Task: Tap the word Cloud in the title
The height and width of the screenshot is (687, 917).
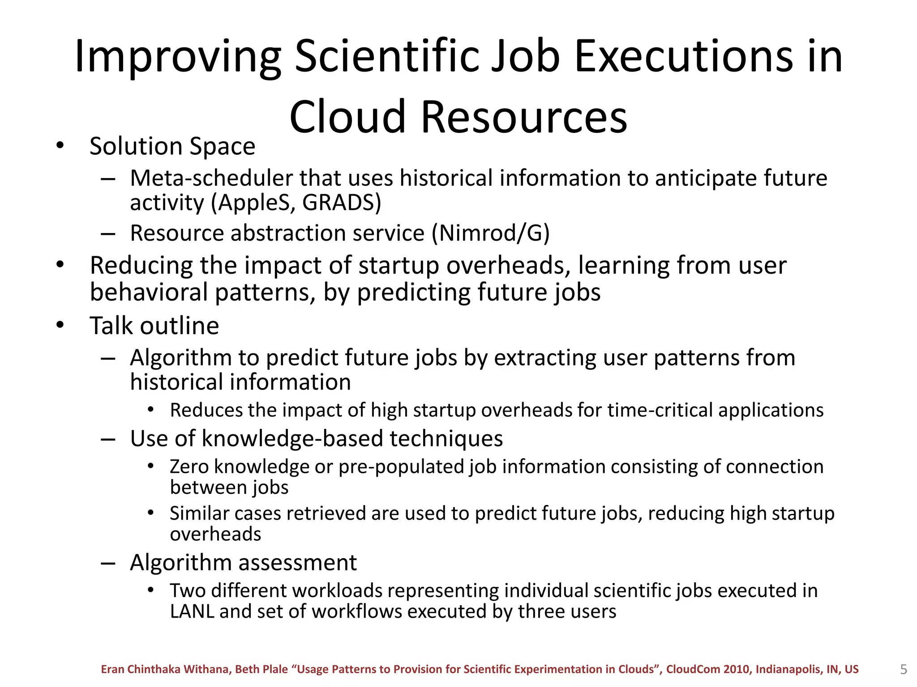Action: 347,117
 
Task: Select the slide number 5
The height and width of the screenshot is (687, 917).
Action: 903,670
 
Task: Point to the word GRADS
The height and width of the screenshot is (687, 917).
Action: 339,202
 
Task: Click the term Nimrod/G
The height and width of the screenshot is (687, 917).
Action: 490,233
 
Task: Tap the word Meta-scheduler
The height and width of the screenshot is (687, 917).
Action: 211,178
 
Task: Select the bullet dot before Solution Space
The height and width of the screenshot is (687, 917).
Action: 60,145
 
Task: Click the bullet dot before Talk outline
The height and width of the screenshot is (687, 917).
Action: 60,325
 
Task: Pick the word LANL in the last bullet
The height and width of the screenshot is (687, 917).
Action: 191,611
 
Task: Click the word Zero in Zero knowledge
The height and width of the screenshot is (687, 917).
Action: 189,466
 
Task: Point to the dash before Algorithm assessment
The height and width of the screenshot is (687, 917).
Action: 108,563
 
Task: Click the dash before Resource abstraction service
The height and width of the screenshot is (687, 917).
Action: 108,233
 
